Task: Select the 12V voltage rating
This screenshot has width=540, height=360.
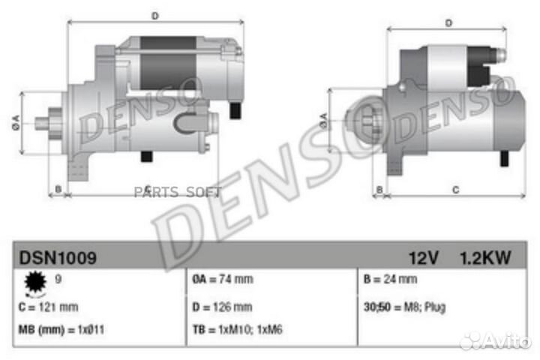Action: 423,259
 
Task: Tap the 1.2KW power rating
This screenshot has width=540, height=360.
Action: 485,259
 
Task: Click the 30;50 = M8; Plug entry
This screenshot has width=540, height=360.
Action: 402,307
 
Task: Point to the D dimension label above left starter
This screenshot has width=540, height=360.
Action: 154,15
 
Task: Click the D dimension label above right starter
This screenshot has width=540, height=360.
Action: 448,23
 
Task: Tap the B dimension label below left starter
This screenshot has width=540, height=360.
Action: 58,190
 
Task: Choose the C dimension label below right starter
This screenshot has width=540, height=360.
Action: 455,190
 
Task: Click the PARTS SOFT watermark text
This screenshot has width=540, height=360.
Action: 178,192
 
